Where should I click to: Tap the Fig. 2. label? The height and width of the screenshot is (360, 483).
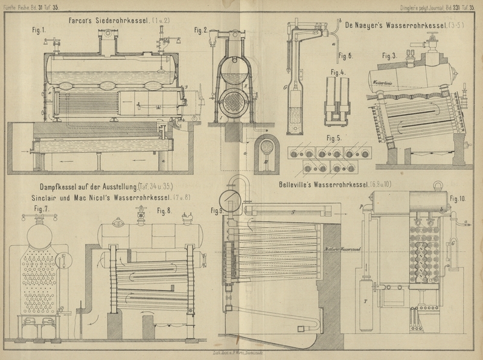[202, 30]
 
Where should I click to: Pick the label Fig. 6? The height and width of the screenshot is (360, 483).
[346, 56]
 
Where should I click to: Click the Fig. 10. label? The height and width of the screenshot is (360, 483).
[461, 198]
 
